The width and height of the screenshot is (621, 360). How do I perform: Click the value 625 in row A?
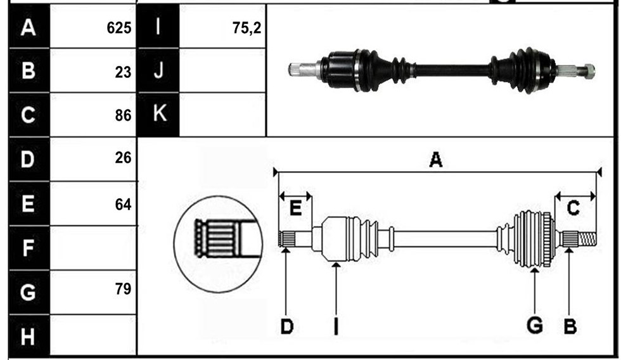pyautogui.click(x=119, y=28)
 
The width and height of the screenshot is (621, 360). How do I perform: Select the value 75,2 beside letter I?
pyautogui.click(x=246, y=28)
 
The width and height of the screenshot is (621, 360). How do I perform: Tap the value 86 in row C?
pyautogui.click(x=123, y=115)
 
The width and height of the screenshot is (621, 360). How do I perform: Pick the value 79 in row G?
pyautogui.click(x=123, y=289)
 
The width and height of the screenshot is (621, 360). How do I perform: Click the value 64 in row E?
pyautogui.click(x=123, y=204)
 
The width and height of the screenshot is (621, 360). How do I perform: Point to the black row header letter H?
pyautogui.click(x=27, y=337)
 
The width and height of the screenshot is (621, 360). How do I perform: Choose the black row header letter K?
pyautogui.click(x=159, y=113)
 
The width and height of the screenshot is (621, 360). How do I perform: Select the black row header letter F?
pyautogui.click(x=28, y=248)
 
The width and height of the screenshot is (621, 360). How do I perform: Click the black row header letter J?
pyautogui.click(x=158, y=70)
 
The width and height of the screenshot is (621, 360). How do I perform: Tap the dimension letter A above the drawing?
pyautogui.click(x=436, y=160)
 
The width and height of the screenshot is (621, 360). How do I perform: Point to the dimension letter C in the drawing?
pyautogui.click(x=573, y=207)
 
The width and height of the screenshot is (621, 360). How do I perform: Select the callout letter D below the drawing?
pyautogui.click(x=286, y=327)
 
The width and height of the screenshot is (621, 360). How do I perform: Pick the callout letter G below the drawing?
pyautogui.click(x=535, y=326)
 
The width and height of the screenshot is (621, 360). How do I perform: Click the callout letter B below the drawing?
pyautogui.click(x=570, y=327)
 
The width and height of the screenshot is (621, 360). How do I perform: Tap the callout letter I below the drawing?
pyautogui.click(x=336, y=327)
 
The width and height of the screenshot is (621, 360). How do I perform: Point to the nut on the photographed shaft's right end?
pyautogui.click(x=589, y=70)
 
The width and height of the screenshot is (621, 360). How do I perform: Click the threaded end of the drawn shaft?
pyautogui.click(x=587, y=239)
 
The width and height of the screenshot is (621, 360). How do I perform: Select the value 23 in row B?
pyautogui.click(x=123, y=72)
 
